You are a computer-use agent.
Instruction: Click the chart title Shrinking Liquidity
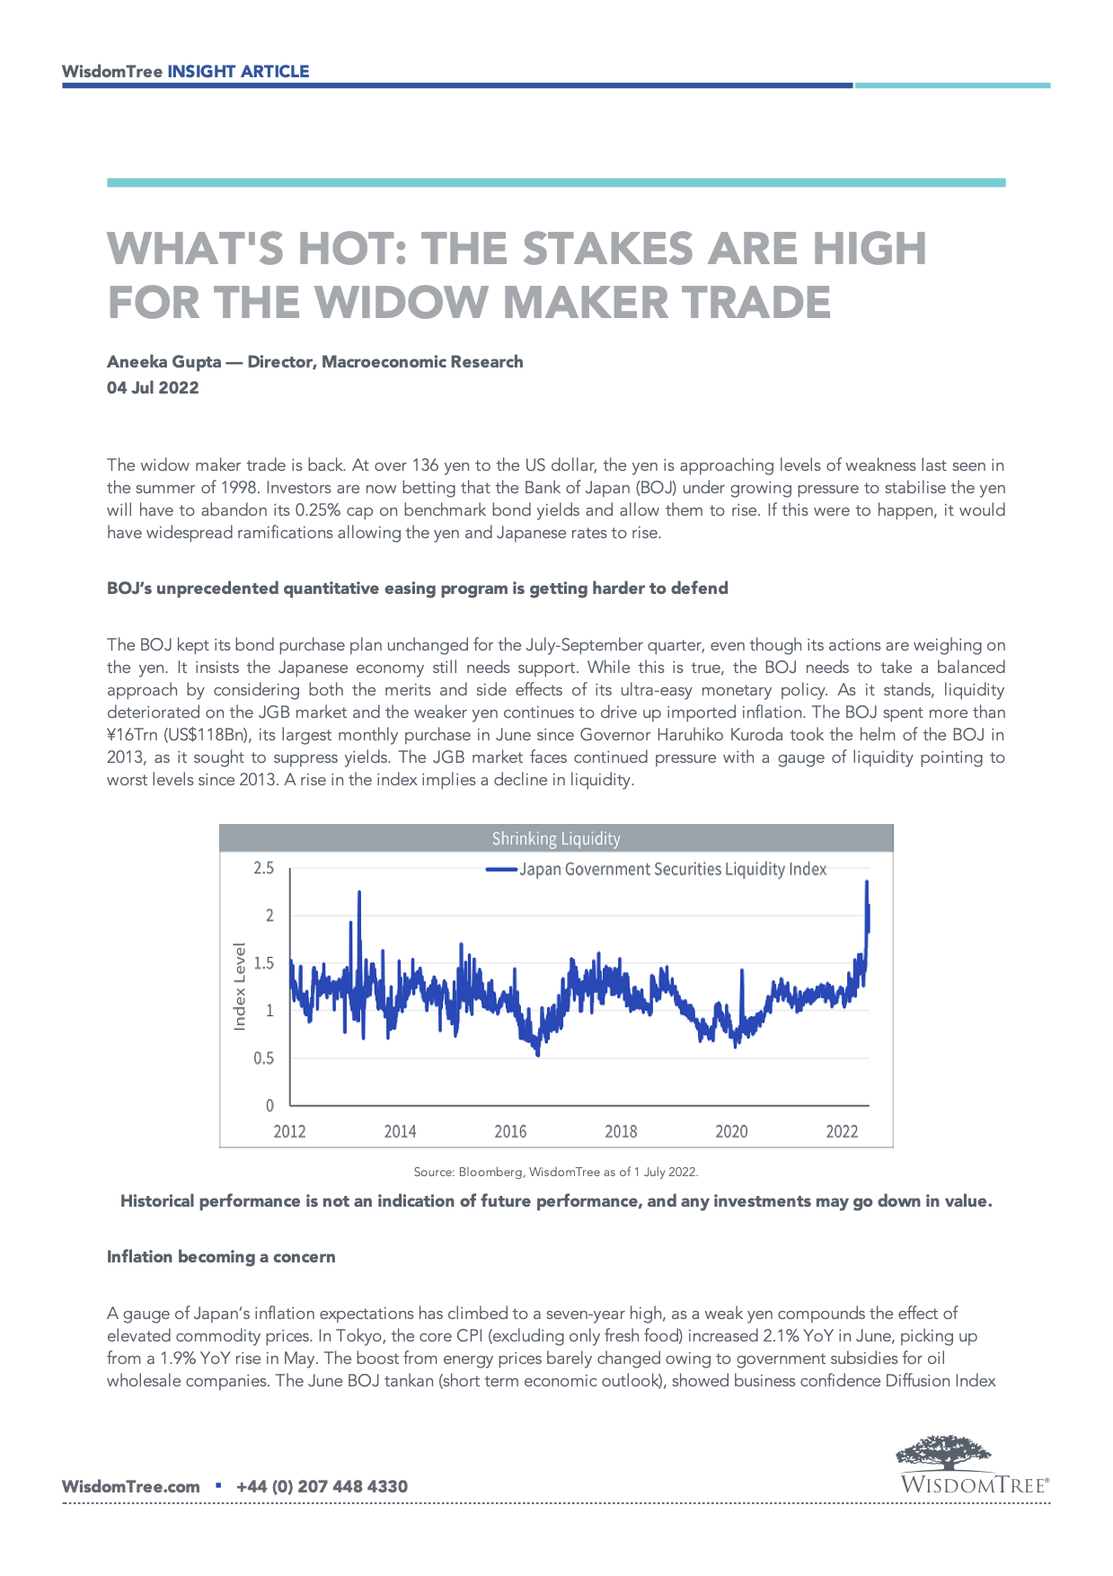click(x=556, y=838)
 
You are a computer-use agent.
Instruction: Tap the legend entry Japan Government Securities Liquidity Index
click(x=672, y=869)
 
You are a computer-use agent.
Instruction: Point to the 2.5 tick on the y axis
click(x=263, y=868)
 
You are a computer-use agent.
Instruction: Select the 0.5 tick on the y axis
click(x=263, y=1058)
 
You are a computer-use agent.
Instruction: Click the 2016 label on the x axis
click(x=510, y=1131)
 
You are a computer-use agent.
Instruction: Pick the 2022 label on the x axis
click(x=842, y=1131)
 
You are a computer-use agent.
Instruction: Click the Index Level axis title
click(x=240, y=986)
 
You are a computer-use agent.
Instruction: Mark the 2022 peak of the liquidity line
click(x=867, y=882)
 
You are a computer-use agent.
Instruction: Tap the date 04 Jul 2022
click(x=153, y=388)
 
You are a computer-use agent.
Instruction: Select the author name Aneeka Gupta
click(x=164, y=362)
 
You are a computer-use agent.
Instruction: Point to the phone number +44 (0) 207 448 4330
click(x=322, y=1487)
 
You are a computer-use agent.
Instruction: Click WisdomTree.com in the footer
click(x=131, y=1487)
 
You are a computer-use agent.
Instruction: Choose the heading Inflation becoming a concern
click(x=221, y=1257)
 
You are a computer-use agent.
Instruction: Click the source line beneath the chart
click(x=556, y=1172)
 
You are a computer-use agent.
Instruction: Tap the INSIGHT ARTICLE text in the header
click(x=238, y=72)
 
